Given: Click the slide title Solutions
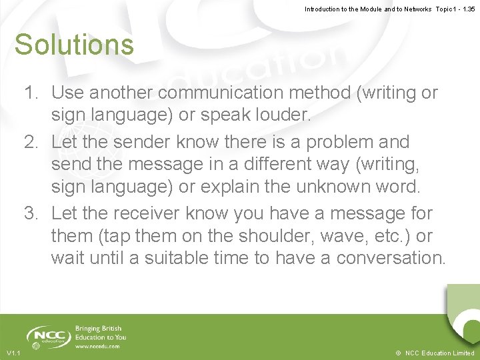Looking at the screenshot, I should pyautogui.click(x=74, y=45).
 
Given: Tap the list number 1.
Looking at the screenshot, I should pyautogui.click(x=31, y=93).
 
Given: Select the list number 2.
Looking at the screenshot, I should pyautogui.click(x=31, y=142).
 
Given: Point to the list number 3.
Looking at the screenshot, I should pyautogui.click(x=31, y=214).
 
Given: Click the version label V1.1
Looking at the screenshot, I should pyautogui.click(x=13, y=353).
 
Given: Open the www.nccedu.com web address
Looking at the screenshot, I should pyautogui.click(x=97, y=346).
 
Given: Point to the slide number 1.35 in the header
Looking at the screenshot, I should pyautogui.click(x=468, y=9).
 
